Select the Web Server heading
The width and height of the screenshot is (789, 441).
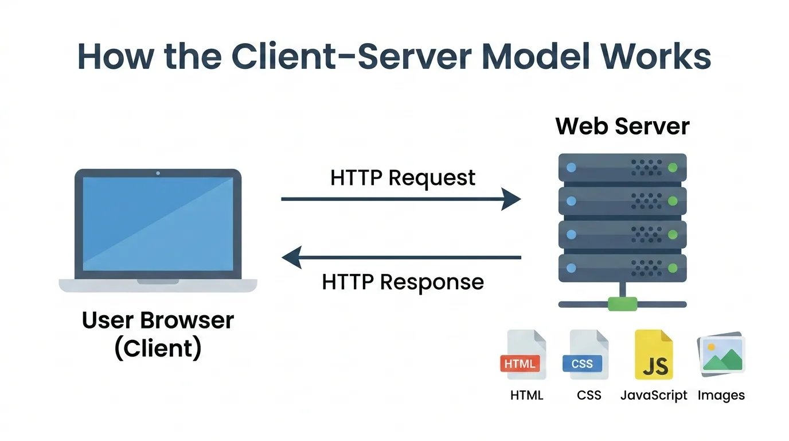coord(622,126)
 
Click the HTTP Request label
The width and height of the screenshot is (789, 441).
coord(403,177)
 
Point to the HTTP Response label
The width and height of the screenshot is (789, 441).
coord(403,282)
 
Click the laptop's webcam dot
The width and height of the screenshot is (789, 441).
coord(158,173)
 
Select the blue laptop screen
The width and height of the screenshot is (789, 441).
coord(158,224)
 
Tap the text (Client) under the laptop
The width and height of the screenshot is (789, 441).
coord(158,349)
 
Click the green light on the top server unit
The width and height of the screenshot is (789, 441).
coord(673,168)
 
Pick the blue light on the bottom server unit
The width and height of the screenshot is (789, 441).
coord(570,267)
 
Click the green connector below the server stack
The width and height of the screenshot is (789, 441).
coord(622,303)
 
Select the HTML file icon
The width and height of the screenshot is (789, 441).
coord(523,356)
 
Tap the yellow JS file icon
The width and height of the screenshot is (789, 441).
coord(654,356)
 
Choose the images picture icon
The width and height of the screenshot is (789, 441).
coord(721,354)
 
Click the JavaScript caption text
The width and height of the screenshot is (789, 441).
coord(654,395)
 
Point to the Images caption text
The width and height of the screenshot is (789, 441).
coord(721,395)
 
